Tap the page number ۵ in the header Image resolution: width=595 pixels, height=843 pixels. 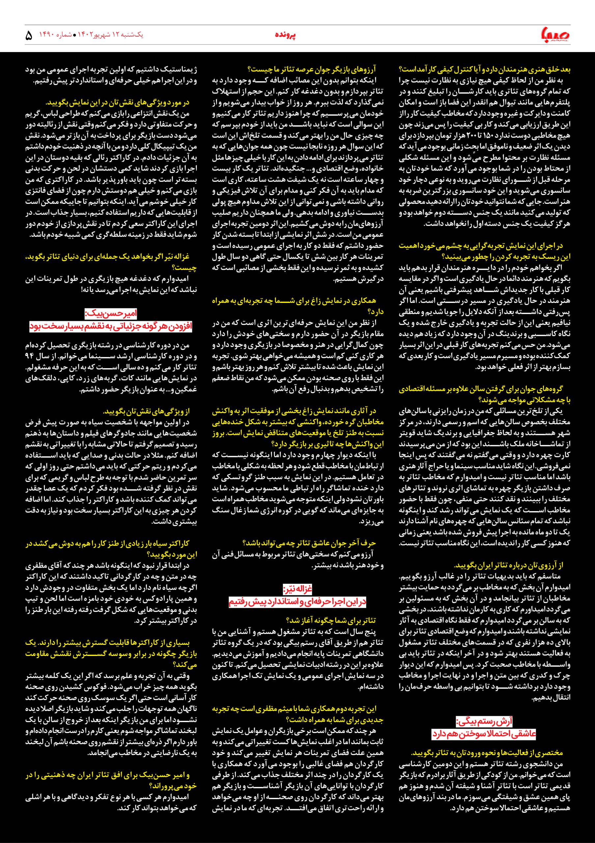29,36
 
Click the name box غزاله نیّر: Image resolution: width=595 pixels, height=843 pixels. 297,590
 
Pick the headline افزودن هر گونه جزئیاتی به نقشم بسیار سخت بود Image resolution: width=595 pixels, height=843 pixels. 111,326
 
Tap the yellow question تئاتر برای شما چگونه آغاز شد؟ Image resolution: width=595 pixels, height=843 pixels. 336,620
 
